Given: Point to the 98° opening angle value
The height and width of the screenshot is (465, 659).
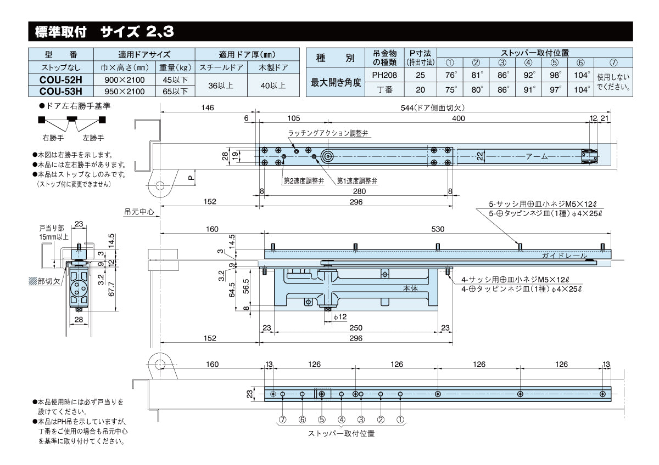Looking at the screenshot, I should (x=555, y=75).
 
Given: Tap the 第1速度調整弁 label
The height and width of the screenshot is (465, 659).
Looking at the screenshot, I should (x=356, y=180).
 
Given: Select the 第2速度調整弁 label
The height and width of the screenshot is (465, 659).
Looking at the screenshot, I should (x=303, y=180).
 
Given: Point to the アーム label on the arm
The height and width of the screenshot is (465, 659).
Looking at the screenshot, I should (x=537, y=156).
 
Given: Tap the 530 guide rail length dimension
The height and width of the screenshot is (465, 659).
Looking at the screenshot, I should (x=438, y=229).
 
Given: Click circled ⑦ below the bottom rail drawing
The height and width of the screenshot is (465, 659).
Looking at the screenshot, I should (x=282, y=419).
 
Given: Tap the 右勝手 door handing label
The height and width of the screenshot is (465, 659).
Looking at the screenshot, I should (x=53, y=137).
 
